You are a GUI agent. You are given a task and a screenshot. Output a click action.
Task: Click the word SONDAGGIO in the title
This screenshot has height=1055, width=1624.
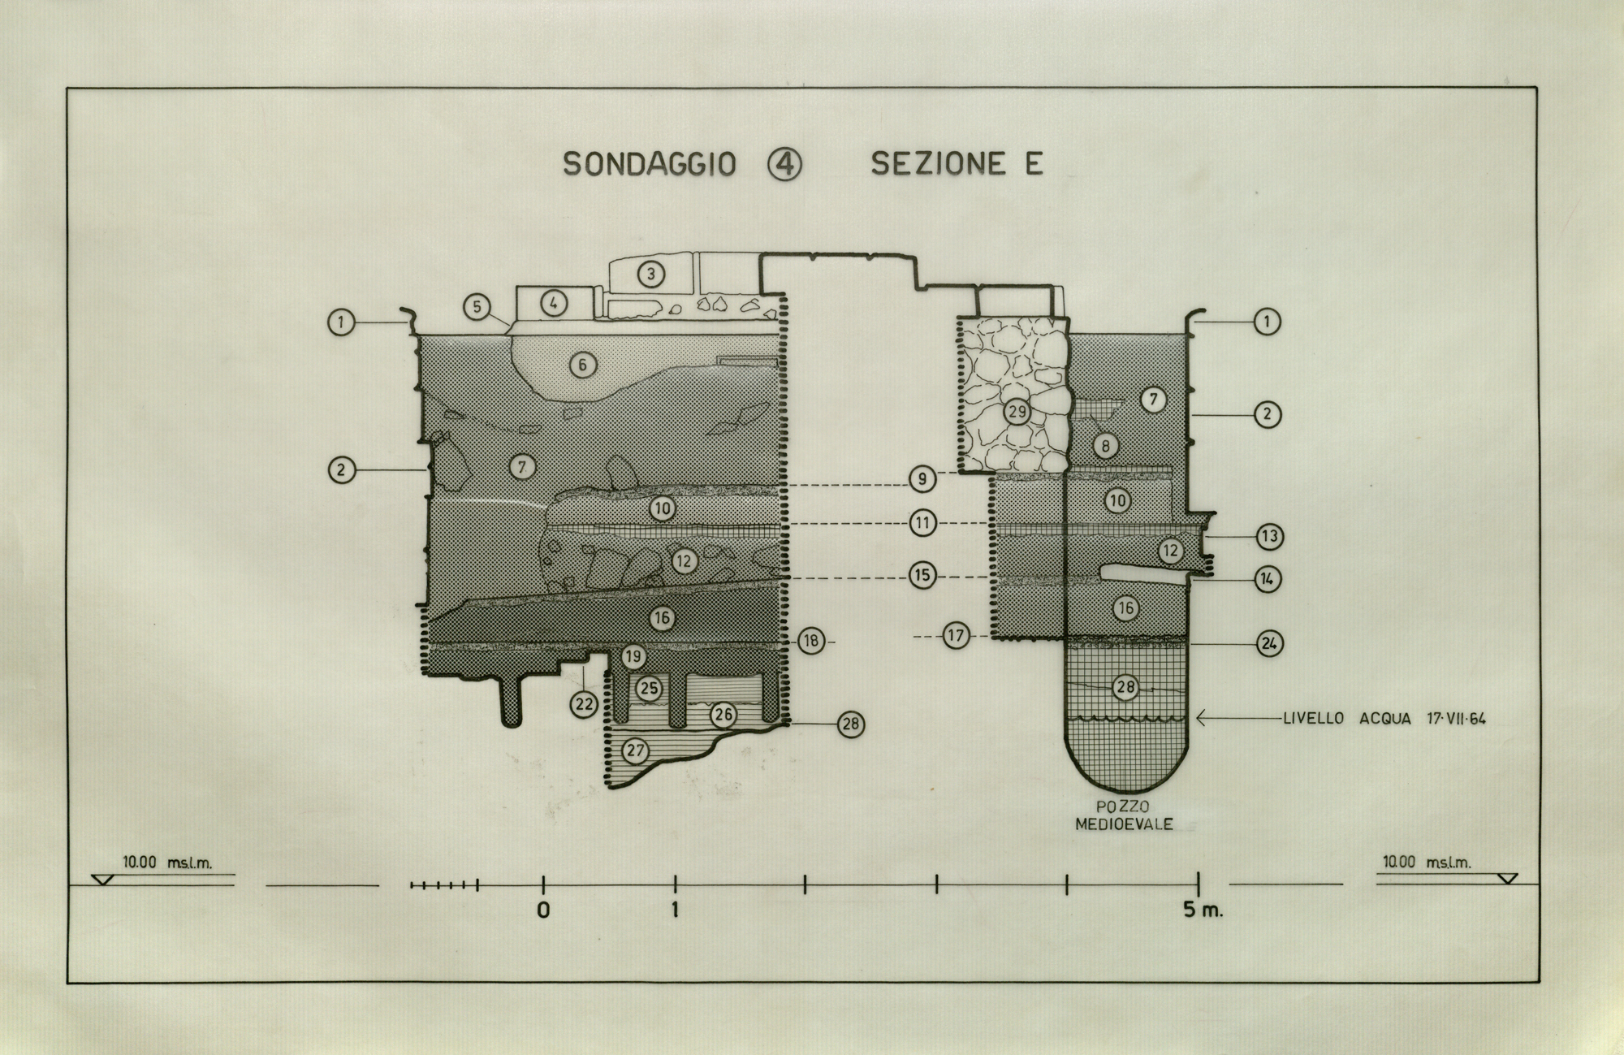pos(650,165)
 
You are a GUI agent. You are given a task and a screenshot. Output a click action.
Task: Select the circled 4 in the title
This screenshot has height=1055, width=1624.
pos(784,165)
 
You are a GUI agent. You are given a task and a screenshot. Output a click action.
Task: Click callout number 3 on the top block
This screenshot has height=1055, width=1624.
pos(650,274)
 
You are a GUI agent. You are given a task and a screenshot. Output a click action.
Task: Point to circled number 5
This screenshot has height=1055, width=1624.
pos(477,307)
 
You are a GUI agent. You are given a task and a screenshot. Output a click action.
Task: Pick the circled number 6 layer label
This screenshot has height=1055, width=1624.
pos(582,365)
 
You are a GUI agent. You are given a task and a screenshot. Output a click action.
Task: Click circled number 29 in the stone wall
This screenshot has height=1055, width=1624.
pos(1017,412)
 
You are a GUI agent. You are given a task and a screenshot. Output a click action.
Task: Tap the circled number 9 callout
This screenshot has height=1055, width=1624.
pos(922,479)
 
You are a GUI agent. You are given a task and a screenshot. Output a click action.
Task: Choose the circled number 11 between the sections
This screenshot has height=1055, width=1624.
pos(922,524)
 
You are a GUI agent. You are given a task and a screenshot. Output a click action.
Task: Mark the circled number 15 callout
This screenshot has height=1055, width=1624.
pos(922,576)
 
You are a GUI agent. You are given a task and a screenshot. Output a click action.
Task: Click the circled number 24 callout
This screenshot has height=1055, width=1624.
pos(1269,643)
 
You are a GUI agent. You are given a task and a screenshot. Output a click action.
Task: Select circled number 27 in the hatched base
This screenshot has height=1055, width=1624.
pos(635,750)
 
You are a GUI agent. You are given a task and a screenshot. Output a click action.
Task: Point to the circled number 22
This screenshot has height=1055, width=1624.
pos(584,704)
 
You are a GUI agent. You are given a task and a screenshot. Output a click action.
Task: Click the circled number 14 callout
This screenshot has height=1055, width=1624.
pos(1268,579)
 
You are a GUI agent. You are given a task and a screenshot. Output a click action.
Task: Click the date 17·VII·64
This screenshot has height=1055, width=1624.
pos(1456,718)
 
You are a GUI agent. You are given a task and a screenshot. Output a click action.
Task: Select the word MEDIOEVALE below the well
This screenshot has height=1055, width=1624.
pos(1125,824)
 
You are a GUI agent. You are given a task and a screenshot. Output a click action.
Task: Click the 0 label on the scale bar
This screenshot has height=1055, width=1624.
pos(543,910)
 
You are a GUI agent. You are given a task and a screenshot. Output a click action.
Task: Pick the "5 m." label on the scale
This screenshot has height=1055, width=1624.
pos(1203,910)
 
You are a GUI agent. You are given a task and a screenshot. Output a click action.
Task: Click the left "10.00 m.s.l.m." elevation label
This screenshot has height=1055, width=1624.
pos(167,863)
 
